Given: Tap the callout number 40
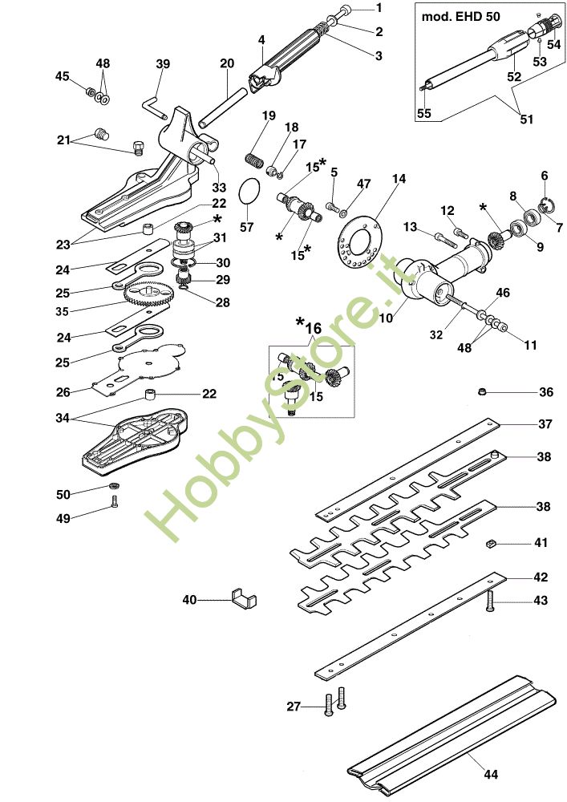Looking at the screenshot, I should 189,599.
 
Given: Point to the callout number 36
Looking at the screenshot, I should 546,392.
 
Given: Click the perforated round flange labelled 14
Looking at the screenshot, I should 358,241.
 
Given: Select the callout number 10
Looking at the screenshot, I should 386,318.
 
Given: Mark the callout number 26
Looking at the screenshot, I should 63,391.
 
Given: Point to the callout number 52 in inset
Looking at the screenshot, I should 514,77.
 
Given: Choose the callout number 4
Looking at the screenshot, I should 261,38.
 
